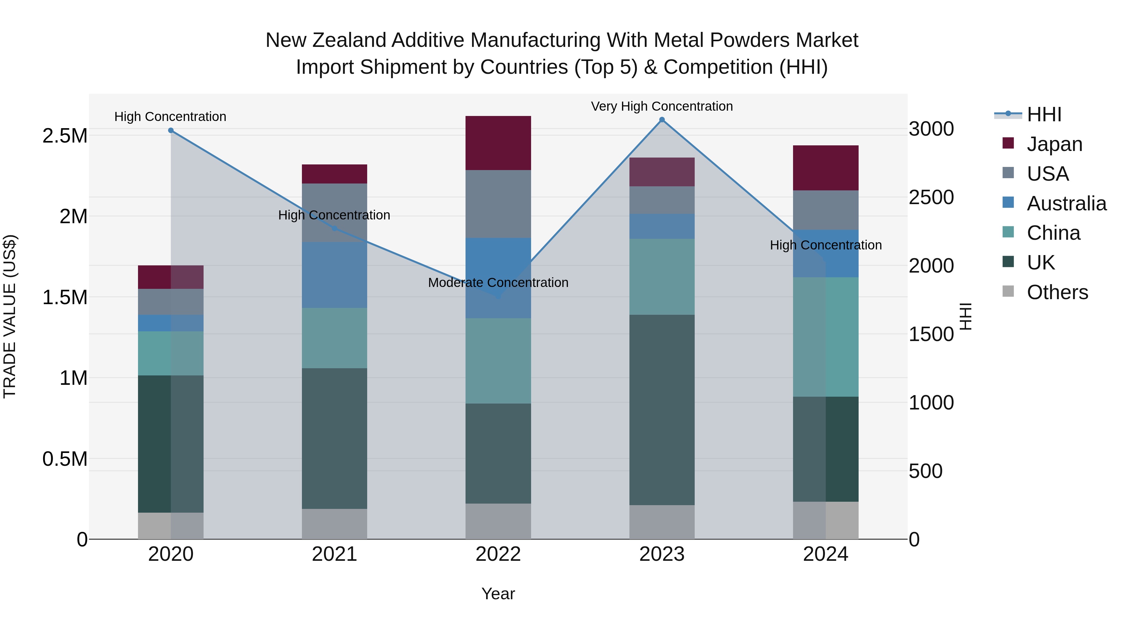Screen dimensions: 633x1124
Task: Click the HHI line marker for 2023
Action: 662,120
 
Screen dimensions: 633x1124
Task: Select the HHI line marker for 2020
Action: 170,130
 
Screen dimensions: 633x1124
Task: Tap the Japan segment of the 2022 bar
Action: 498,143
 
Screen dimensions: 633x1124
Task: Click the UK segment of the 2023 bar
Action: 662,410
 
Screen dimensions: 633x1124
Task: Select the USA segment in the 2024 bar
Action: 826,210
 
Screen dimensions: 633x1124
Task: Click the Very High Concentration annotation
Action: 662,106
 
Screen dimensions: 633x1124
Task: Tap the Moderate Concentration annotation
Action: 498,283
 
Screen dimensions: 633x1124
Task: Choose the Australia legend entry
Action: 1067,203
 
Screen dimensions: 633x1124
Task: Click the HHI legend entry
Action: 1044,114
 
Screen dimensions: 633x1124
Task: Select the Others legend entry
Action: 1057,292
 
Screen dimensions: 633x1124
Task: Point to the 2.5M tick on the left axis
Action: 65,136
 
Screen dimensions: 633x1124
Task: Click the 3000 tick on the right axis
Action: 931,129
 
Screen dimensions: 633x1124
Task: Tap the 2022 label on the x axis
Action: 498,554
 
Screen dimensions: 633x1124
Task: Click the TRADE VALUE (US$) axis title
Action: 10,316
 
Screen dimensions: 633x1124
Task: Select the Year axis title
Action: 498,594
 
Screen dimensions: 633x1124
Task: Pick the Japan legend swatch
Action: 1008,143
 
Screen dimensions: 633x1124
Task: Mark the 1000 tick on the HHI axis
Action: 931,403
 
